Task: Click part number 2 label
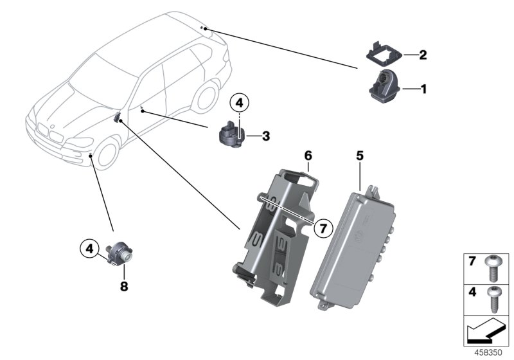click(423, 55)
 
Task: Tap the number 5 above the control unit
click(360, 156)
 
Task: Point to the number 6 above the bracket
click(308, 156)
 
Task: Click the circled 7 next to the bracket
click(323, 227)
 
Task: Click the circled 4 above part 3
click(239, 103)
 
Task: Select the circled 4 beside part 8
click(91, 248)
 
